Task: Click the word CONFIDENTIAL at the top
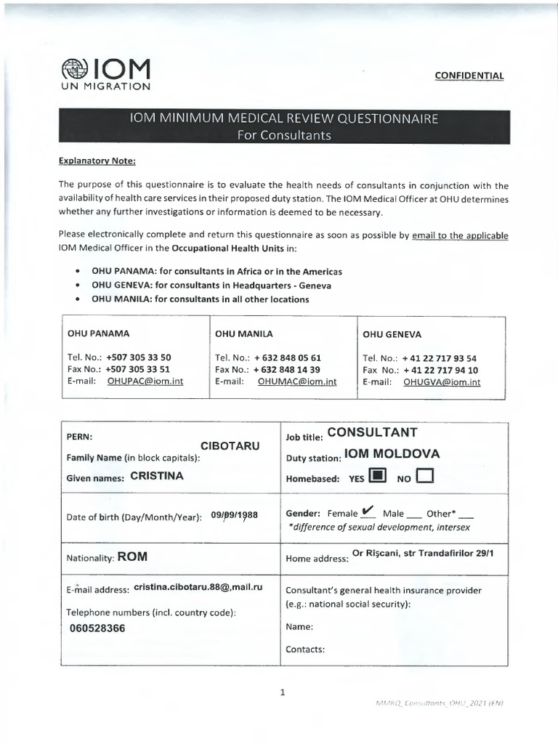click(469, 76)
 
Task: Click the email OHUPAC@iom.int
click(145, 381)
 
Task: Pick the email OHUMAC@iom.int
click(296, 381)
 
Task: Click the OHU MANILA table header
click(244, 334)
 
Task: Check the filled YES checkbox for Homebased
click(377, 477)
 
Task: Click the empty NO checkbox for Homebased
click(425, 477)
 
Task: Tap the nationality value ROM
click(133, 557)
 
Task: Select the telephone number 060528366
click(96, 628)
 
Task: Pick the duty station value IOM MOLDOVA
click(392, 455)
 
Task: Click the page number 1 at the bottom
click(282, 692)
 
